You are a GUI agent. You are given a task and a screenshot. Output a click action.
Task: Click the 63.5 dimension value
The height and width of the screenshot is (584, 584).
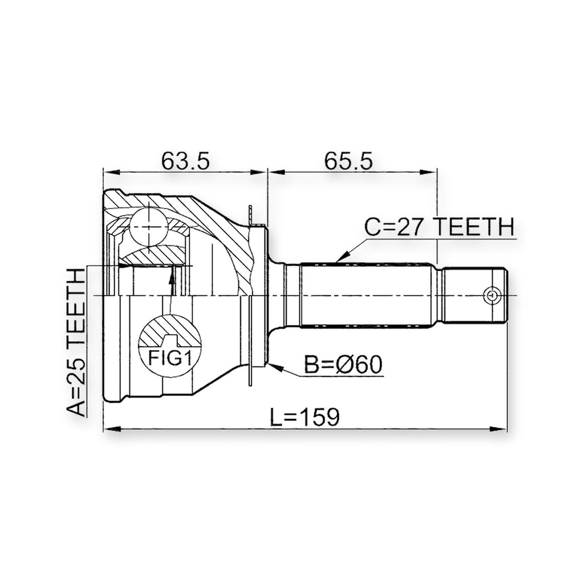(x=185, y=160)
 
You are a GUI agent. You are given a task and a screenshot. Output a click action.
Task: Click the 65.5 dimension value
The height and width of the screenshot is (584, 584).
(x=348, y=160)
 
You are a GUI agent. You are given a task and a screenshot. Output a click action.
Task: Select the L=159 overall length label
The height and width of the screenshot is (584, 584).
(x=305, y=416)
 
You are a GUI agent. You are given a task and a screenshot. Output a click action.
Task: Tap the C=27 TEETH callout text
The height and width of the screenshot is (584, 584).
(x=439, y=227)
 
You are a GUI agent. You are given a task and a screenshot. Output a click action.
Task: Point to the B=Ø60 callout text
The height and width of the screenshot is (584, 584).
(x=343, y=364)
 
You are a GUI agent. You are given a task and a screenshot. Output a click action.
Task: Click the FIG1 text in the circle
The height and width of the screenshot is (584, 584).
(x=169, y=358)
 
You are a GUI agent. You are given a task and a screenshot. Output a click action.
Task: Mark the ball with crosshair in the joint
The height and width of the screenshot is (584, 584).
(x=148, y=226)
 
